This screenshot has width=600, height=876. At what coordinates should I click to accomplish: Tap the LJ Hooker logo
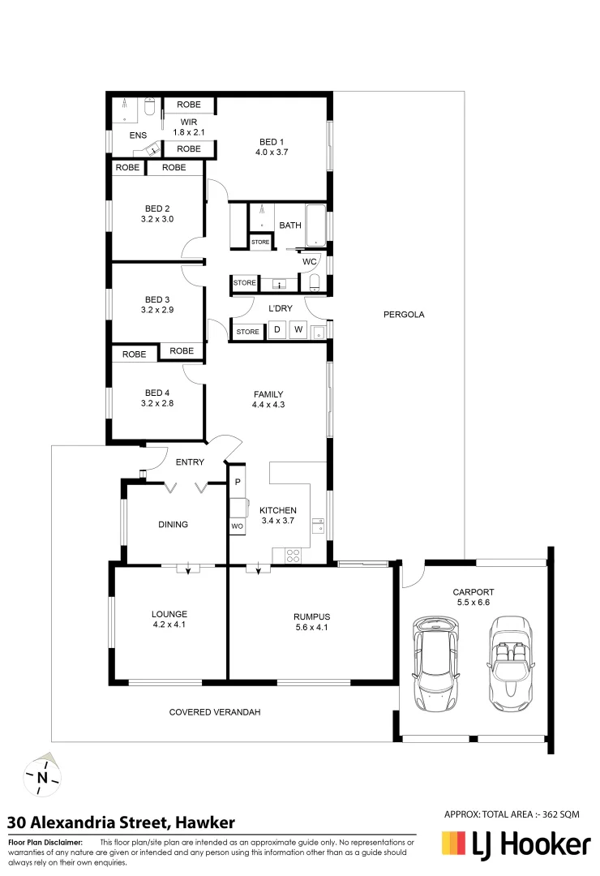[515, 845]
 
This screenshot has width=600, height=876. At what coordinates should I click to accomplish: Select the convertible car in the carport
[511, 663]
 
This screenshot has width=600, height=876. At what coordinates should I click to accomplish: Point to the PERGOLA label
[404, 315]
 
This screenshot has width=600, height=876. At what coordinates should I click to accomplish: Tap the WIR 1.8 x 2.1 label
[189, 127]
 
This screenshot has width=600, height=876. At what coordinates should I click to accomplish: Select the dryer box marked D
[276, 329]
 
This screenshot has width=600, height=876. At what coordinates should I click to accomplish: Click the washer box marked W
[298, 329]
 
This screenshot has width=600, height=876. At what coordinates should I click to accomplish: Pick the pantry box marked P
[238, 482]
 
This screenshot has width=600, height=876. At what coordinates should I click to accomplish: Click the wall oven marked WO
[238, 526]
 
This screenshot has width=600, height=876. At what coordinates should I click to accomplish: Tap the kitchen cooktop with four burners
[293, 556]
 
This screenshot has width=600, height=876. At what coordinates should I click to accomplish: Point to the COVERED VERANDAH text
[215, 712]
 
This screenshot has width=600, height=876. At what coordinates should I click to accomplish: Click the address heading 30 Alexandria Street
[122, 822]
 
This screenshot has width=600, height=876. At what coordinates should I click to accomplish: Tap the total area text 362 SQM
[512, 814]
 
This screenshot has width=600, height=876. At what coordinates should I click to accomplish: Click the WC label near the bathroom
[309, 262]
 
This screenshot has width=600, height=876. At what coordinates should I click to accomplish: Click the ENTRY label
[189, 462]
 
